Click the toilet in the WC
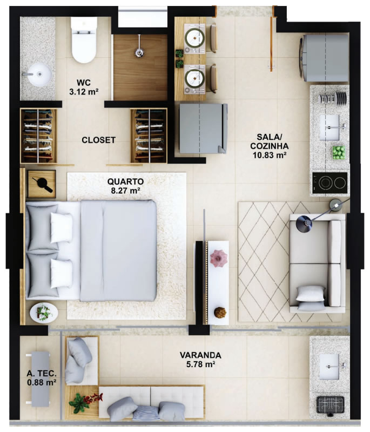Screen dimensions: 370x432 tap(84, 40)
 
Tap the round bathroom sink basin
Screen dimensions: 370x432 tap(39, 75)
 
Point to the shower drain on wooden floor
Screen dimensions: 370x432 tap(140, 52)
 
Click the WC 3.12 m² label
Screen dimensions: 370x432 tap(84, 87)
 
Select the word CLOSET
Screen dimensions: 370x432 tap(98, 140)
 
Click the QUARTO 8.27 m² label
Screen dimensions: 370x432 tap(125, 186)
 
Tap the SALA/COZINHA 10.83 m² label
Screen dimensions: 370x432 tap(269, 146)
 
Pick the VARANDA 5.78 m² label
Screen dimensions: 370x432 tap(200, 360)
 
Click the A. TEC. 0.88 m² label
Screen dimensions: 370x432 tap(42, 378)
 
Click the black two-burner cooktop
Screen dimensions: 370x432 tap(329, 183)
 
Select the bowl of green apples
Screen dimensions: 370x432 tap(339, 153)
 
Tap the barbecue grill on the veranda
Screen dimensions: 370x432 tap(330, 404)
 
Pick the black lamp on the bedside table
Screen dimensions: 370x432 tap(43, 184)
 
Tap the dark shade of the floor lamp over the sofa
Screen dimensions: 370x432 tap(304, 224)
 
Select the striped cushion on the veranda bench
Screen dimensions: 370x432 tap(143, 413)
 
